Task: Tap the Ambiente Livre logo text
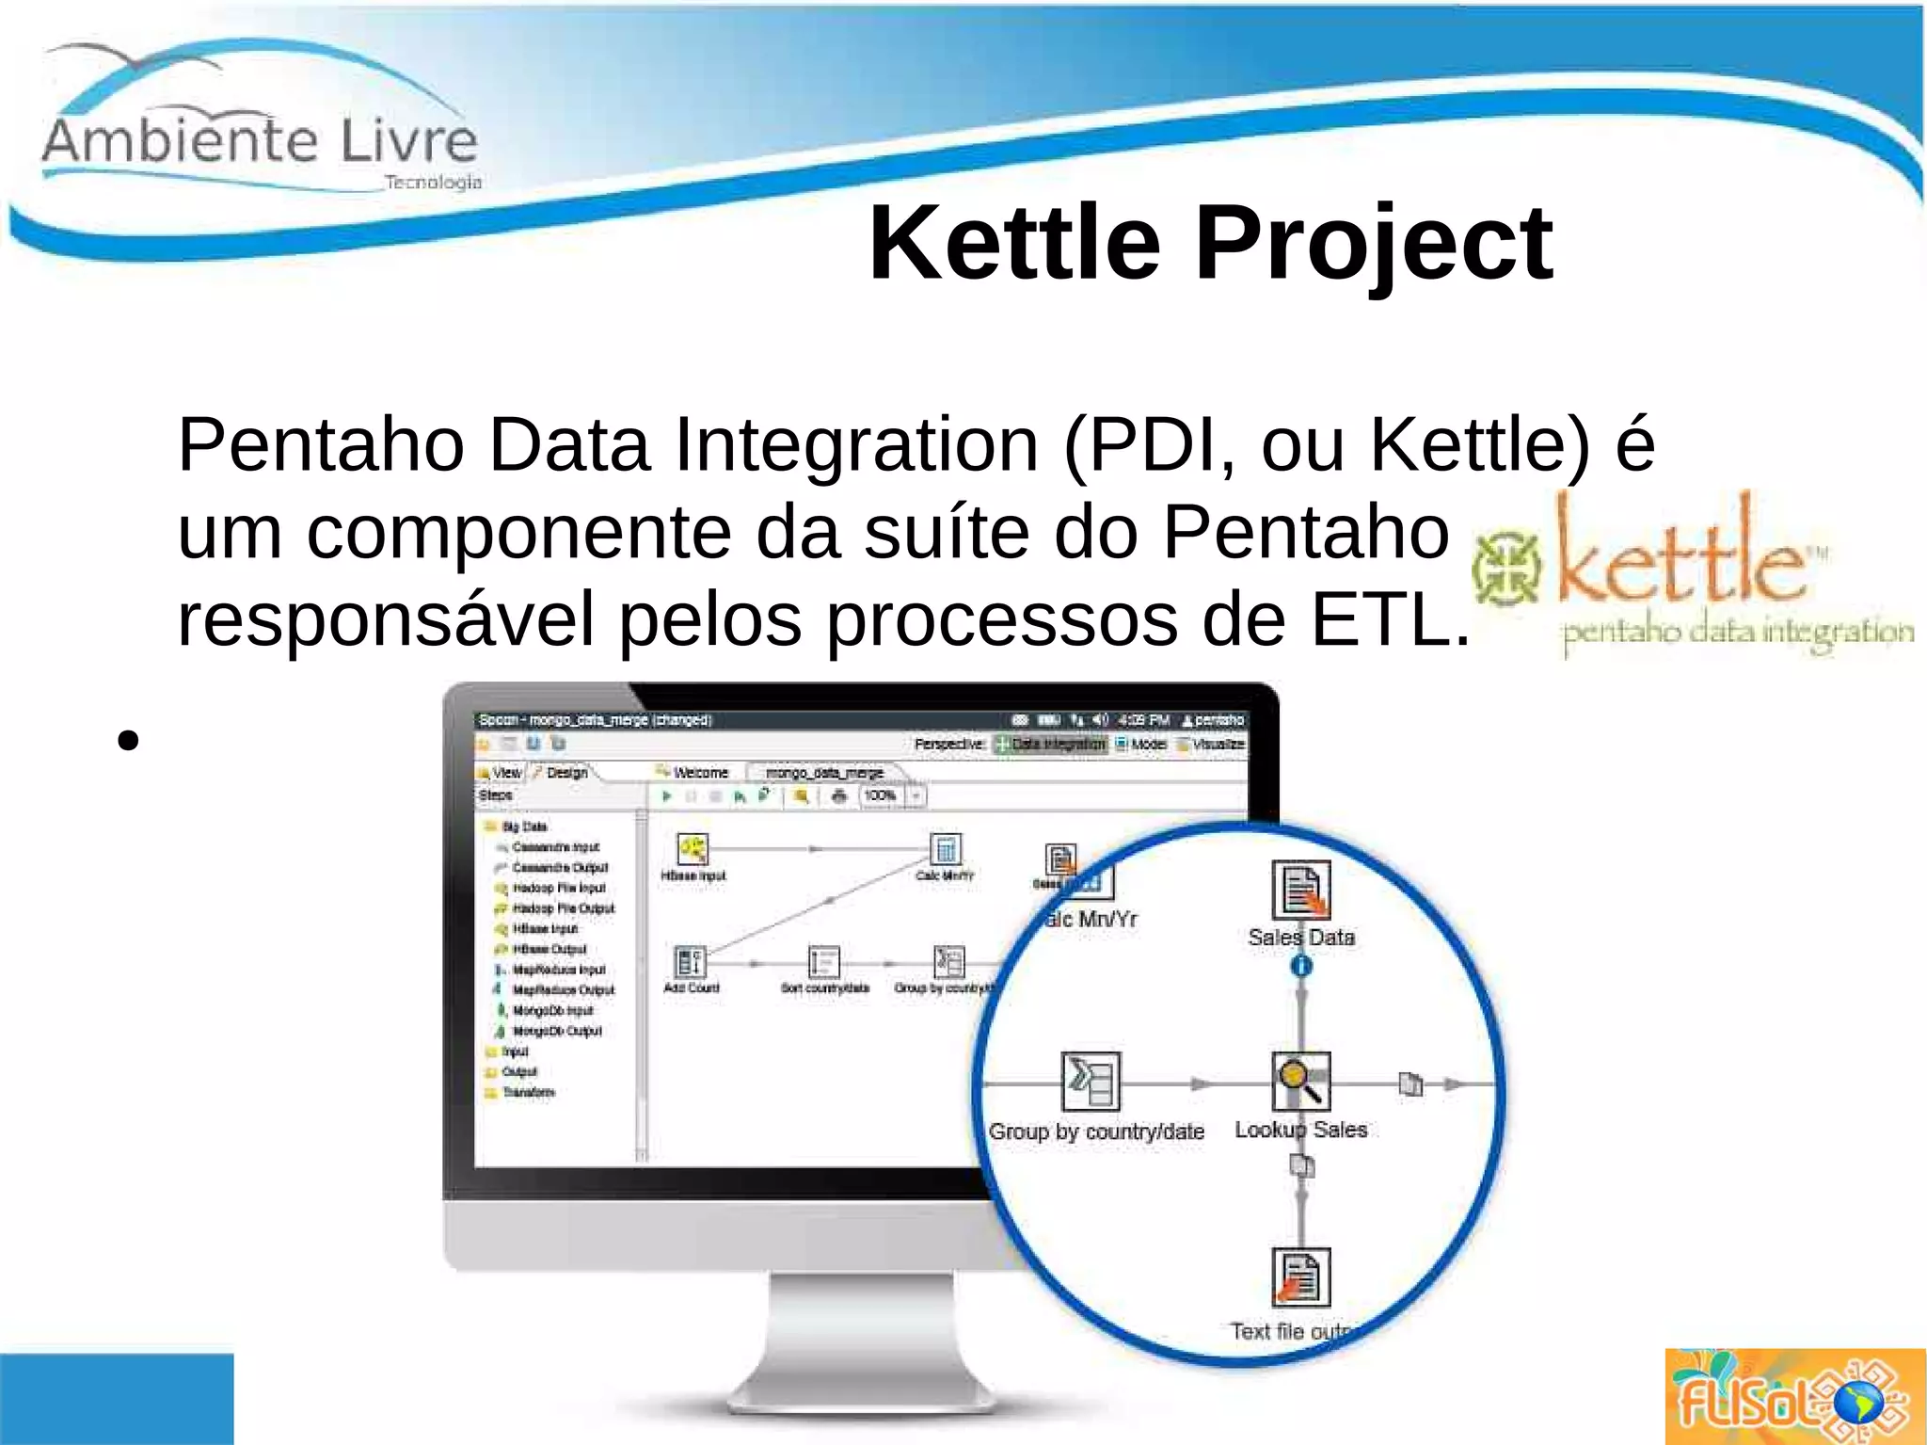(260, 141)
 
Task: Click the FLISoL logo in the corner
(1793, 1397)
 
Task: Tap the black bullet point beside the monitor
(129, 740)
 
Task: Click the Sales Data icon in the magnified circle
(1301, 890)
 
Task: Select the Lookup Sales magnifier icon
(1301, 1082)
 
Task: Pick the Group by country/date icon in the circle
(1091, 1082)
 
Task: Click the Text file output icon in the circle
(1301, 1277)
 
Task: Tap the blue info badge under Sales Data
(1301, 966)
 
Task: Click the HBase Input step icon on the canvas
(693, 849)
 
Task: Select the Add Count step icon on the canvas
(691, 962)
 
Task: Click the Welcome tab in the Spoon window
(700, 773)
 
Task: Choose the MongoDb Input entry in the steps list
(552, 1010)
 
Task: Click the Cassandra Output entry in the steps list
(560, 867)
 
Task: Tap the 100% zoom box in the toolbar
(881, 795)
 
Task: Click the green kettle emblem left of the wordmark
(1507, 568)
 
